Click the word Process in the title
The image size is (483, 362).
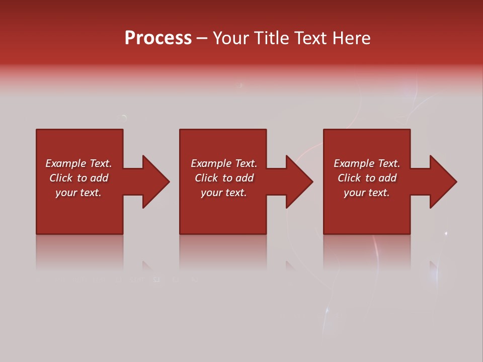158,38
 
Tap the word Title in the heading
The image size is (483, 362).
272,38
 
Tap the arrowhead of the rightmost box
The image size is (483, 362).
443,182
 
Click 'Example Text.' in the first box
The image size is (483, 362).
78,163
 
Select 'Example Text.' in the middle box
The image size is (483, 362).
224,163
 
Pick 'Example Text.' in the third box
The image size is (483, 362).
367,163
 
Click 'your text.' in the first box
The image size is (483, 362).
78,193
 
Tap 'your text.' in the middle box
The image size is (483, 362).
224,193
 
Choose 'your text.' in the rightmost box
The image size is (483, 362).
367,193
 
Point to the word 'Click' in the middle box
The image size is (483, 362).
207,178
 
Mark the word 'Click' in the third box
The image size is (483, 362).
350,178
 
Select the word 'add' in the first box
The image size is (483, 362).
99,178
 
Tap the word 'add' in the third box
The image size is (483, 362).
387,178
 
